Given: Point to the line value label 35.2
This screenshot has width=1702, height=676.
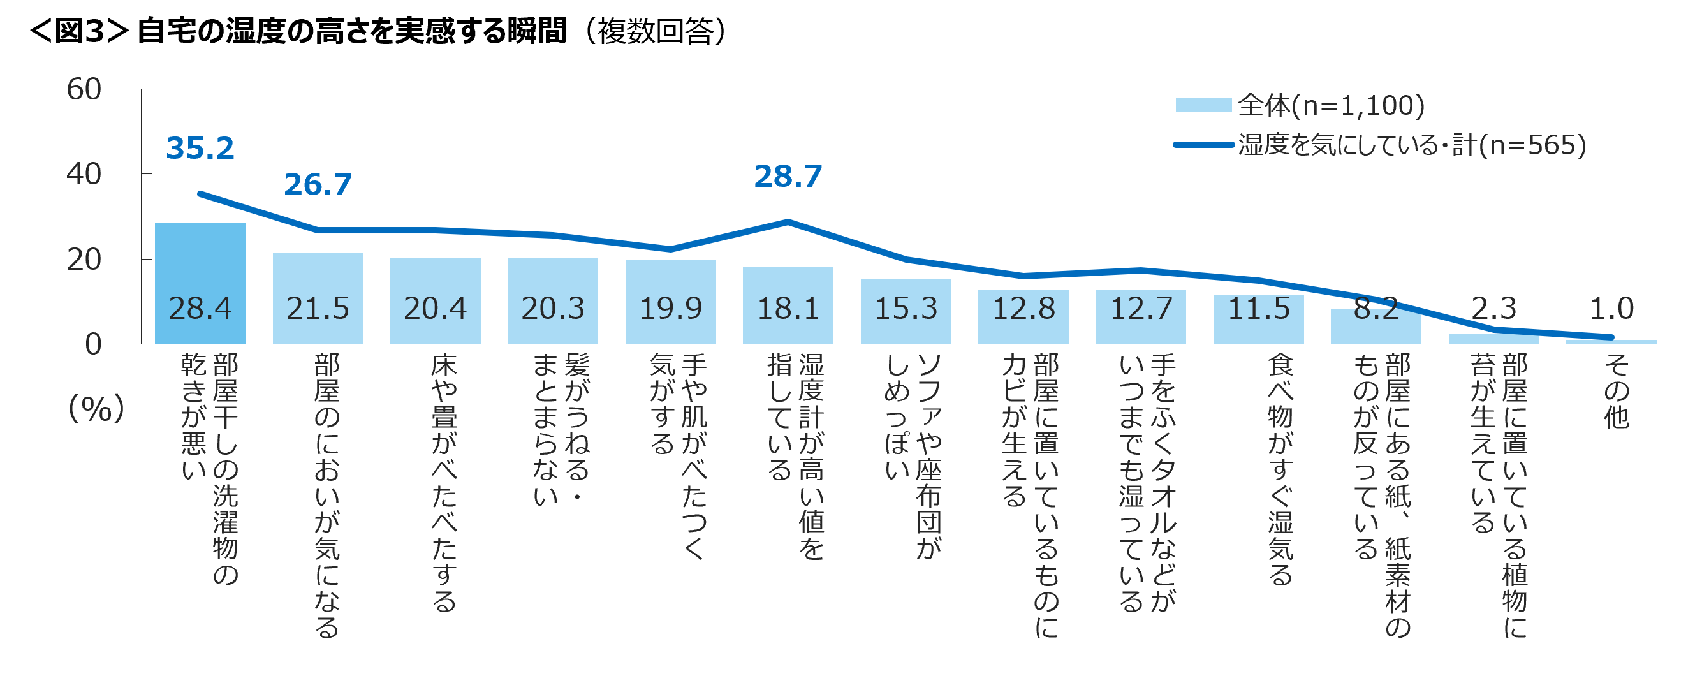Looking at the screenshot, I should click(200, 148).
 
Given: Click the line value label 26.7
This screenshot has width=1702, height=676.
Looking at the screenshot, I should click(317, 184).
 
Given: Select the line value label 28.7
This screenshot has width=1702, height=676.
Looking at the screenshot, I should click(788, 177).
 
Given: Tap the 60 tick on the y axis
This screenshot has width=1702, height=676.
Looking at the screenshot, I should click(84, 89).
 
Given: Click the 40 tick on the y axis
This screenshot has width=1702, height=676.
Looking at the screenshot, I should click(84, 174).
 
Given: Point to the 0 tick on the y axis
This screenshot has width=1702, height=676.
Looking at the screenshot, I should click(93, 344).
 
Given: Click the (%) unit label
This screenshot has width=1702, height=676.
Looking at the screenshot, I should click(96, 408).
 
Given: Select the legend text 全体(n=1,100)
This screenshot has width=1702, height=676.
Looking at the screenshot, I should click(1331, 105).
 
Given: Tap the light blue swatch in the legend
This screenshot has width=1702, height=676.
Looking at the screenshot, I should click(1203, 105).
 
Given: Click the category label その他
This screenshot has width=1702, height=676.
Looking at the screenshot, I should click(1616, 390).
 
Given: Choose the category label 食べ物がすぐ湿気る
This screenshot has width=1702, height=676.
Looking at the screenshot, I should click(1280, 469).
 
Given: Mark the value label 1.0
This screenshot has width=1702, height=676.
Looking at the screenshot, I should click(1611, 308).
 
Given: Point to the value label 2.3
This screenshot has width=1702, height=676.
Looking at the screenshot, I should click(1493, 308).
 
